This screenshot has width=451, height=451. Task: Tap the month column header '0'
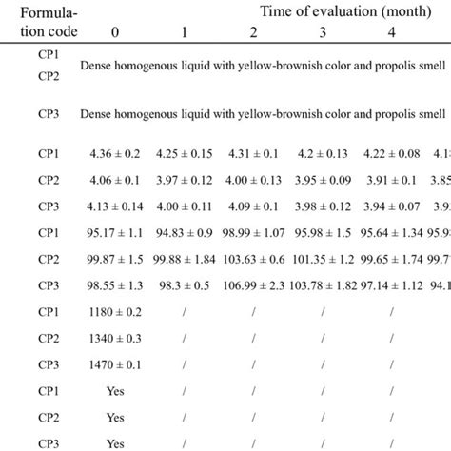coord(115,35)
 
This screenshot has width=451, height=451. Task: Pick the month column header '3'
coord(321,35)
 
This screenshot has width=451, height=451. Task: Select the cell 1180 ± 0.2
coord(115,340)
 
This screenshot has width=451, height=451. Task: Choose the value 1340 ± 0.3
coord(115,367)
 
